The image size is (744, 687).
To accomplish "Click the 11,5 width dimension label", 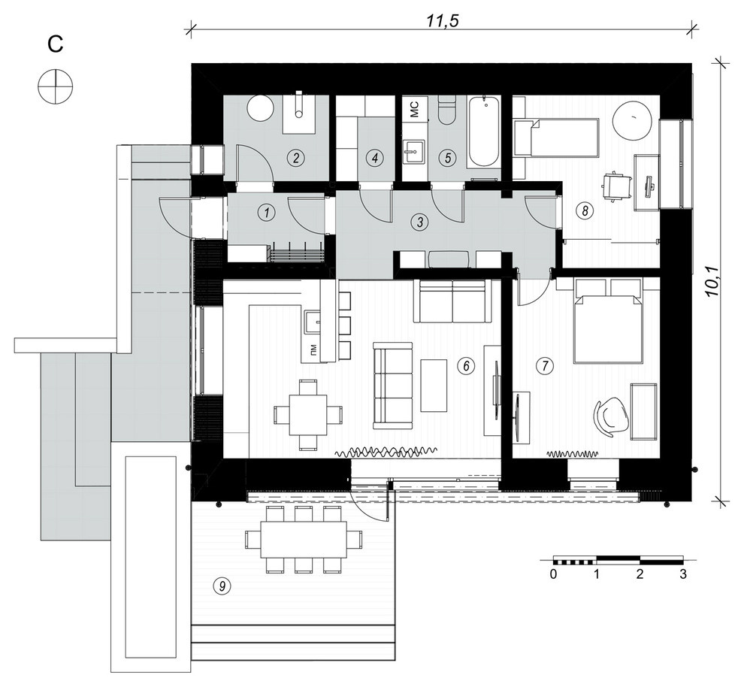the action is pos(442,21).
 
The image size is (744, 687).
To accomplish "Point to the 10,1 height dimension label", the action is pos(712,282).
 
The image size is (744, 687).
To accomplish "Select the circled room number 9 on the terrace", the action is pos(222,586).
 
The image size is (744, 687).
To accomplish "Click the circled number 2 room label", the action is pos(296,157).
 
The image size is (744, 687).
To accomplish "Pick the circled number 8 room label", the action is pos(585,210).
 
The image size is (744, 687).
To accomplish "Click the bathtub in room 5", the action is pos(483,131).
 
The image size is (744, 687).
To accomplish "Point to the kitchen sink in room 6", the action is pos(313,322).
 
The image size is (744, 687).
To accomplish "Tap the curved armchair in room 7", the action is pos(612,415).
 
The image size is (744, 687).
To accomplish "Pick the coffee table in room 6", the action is pos(434,385).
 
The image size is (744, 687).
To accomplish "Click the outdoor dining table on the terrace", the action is pos(304,540).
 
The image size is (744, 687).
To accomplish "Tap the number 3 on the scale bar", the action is pos(683,574).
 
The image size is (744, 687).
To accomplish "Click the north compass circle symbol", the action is pos(56,86).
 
